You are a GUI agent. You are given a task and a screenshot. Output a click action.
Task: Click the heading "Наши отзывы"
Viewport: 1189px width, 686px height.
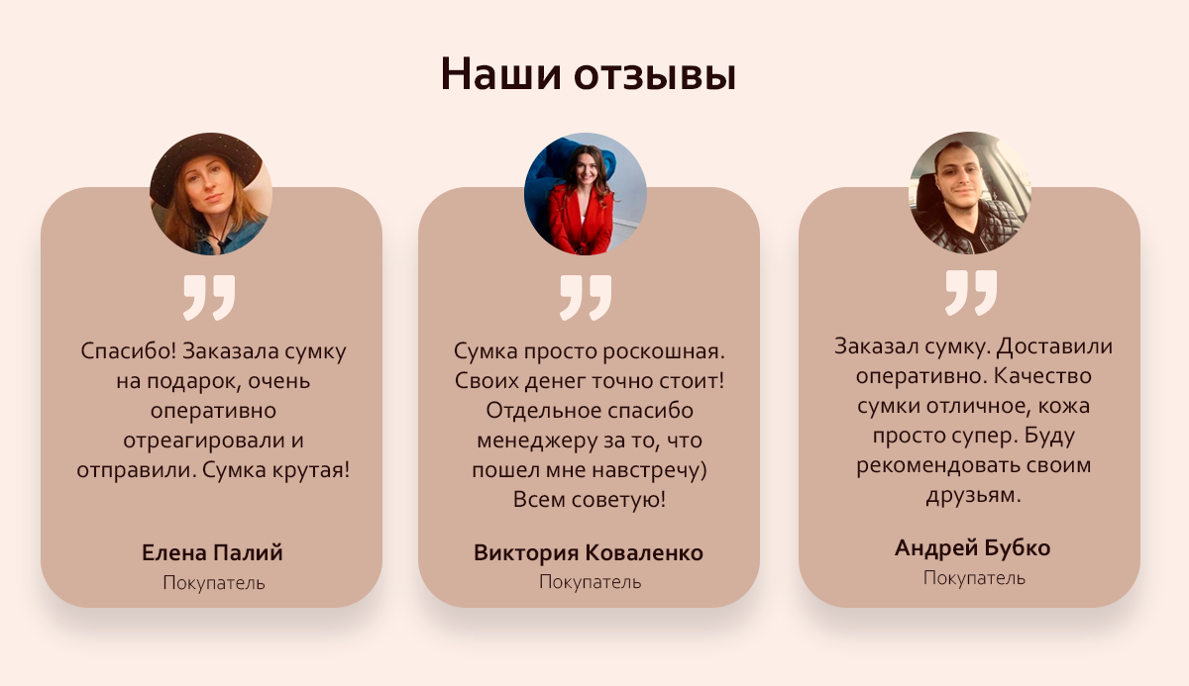pos(589,74)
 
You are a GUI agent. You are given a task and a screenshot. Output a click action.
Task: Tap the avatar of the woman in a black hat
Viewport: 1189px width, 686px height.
pos(211,193)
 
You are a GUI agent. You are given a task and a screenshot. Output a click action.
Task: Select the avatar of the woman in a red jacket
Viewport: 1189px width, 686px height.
pos(586,193)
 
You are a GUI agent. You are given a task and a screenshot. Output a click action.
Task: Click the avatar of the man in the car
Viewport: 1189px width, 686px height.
pos(970,192)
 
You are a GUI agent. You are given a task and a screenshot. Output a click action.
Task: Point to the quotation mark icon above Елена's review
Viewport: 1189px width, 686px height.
pos(209,297)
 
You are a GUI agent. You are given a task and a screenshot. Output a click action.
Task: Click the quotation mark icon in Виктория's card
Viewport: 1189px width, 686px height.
pos(586,297)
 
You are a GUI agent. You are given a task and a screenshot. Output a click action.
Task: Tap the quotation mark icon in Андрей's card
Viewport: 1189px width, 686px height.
pos(971,293)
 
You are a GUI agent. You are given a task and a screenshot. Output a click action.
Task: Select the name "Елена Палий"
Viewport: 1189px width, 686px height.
pos(212,553)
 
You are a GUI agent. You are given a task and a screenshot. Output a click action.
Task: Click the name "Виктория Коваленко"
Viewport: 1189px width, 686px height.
pos(589,553)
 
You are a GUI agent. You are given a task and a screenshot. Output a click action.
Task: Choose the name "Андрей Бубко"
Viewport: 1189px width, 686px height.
pos(972,548)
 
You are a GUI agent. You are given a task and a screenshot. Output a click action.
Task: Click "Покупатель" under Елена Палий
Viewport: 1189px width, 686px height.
pos(214,583)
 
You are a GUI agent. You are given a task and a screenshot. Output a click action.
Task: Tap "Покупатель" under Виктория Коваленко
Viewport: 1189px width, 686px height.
pos(591,582)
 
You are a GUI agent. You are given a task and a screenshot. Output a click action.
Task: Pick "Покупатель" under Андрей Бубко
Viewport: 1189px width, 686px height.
pos(974,578)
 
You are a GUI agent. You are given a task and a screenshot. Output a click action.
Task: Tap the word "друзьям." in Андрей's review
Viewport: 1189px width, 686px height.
pos(973,496)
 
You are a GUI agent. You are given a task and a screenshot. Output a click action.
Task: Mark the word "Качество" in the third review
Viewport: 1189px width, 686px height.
pos(1042,376)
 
